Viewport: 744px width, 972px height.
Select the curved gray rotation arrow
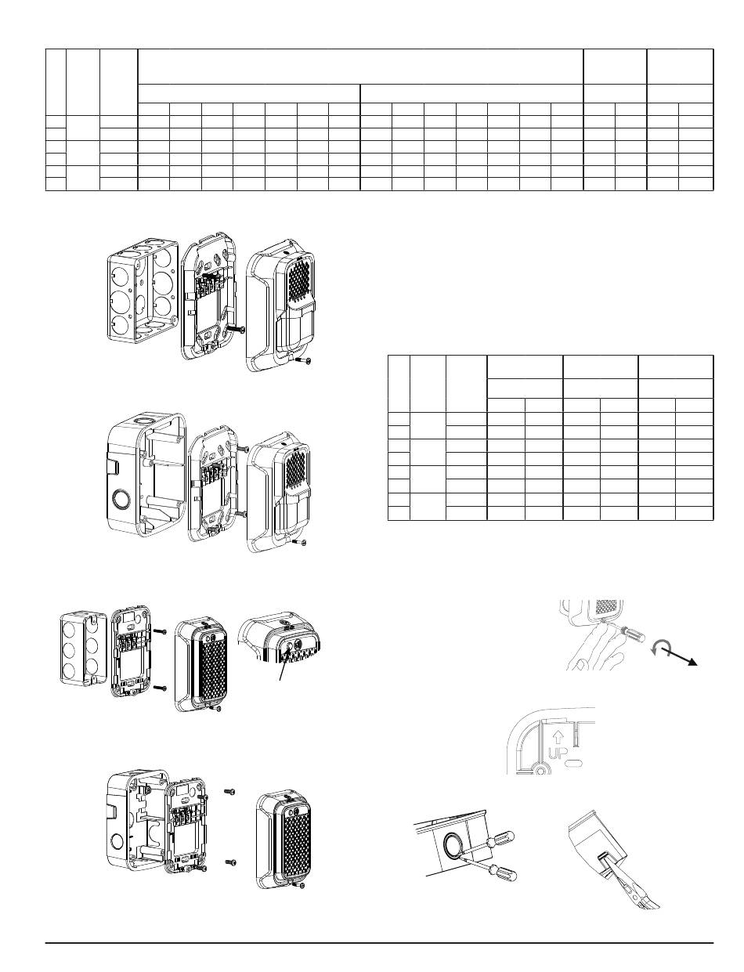tap(659, 649)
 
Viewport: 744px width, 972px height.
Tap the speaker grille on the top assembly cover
tap(302, 278)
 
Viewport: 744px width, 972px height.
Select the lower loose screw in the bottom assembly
tap(231, 862)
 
